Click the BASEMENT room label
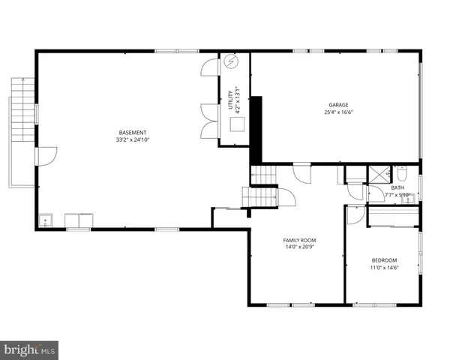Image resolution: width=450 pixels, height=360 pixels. click(x=131, y=132)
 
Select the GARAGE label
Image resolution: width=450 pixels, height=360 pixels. click(x=338, y=105)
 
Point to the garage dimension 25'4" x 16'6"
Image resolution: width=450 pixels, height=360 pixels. click(x=338, y=112)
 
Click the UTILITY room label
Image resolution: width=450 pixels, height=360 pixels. click(x=231, y=100)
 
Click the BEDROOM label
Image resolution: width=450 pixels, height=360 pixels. click(x=384, y=260)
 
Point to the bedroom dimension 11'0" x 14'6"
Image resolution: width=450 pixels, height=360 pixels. click(x=384, y=268)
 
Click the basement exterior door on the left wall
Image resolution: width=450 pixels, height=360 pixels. click(x=45, y=155)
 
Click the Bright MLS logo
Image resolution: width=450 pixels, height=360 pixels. click(x=29, y=349)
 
